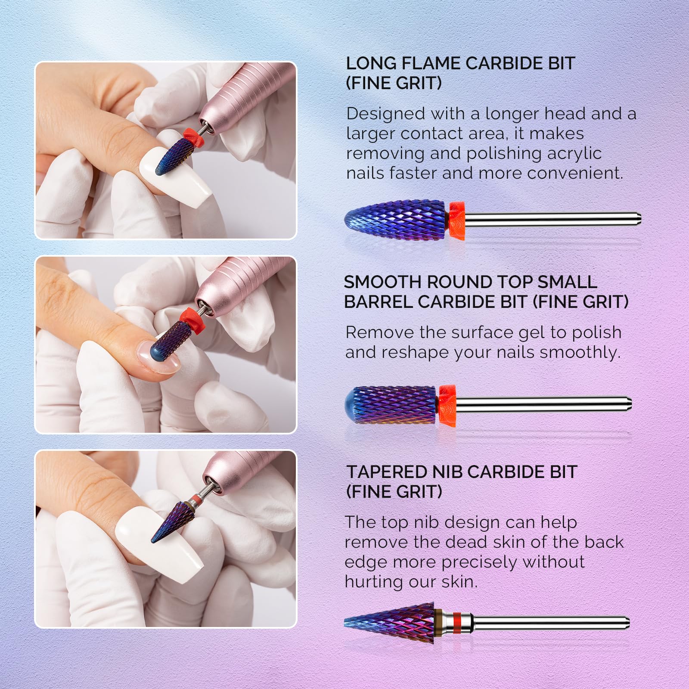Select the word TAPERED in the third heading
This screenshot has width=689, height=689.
point(386,472)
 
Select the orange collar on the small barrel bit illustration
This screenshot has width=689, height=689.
point(447,405)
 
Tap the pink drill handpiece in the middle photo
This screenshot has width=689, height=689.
point(236,284)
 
